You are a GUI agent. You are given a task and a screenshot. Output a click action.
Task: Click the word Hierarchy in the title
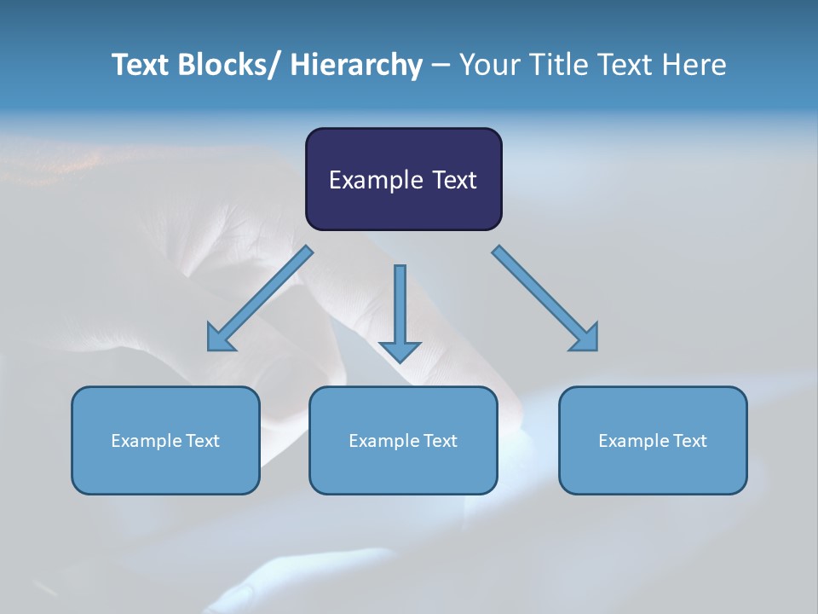356,65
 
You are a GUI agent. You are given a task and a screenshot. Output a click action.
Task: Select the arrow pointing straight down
400,311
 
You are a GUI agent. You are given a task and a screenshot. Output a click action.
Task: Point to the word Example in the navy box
372,180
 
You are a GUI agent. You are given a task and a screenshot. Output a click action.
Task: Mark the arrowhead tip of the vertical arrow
400,362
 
